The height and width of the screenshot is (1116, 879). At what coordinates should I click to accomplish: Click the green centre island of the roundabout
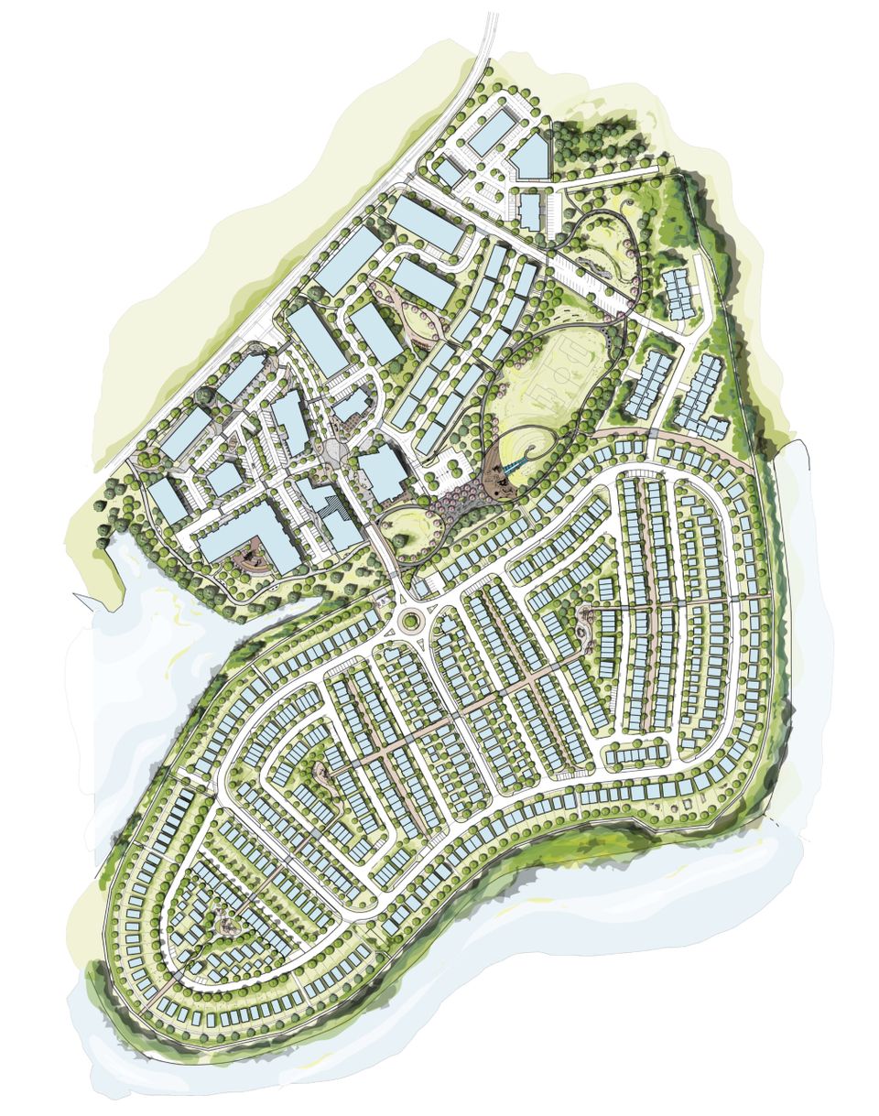(x=408, y=622)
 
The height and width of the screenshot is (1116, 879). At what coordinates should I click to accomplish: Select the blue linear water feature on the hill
(x=515, y=467)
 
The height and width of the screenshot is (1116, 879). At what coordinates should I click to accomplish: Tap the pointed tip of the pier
(x=78, y=596)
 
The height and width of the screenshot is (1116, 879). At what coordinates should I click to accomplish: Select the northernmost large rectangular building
(x=493, y=132)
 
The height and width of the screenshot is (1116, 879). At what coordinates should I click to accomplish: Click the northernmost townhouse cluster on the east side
(x=678, y=293)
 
